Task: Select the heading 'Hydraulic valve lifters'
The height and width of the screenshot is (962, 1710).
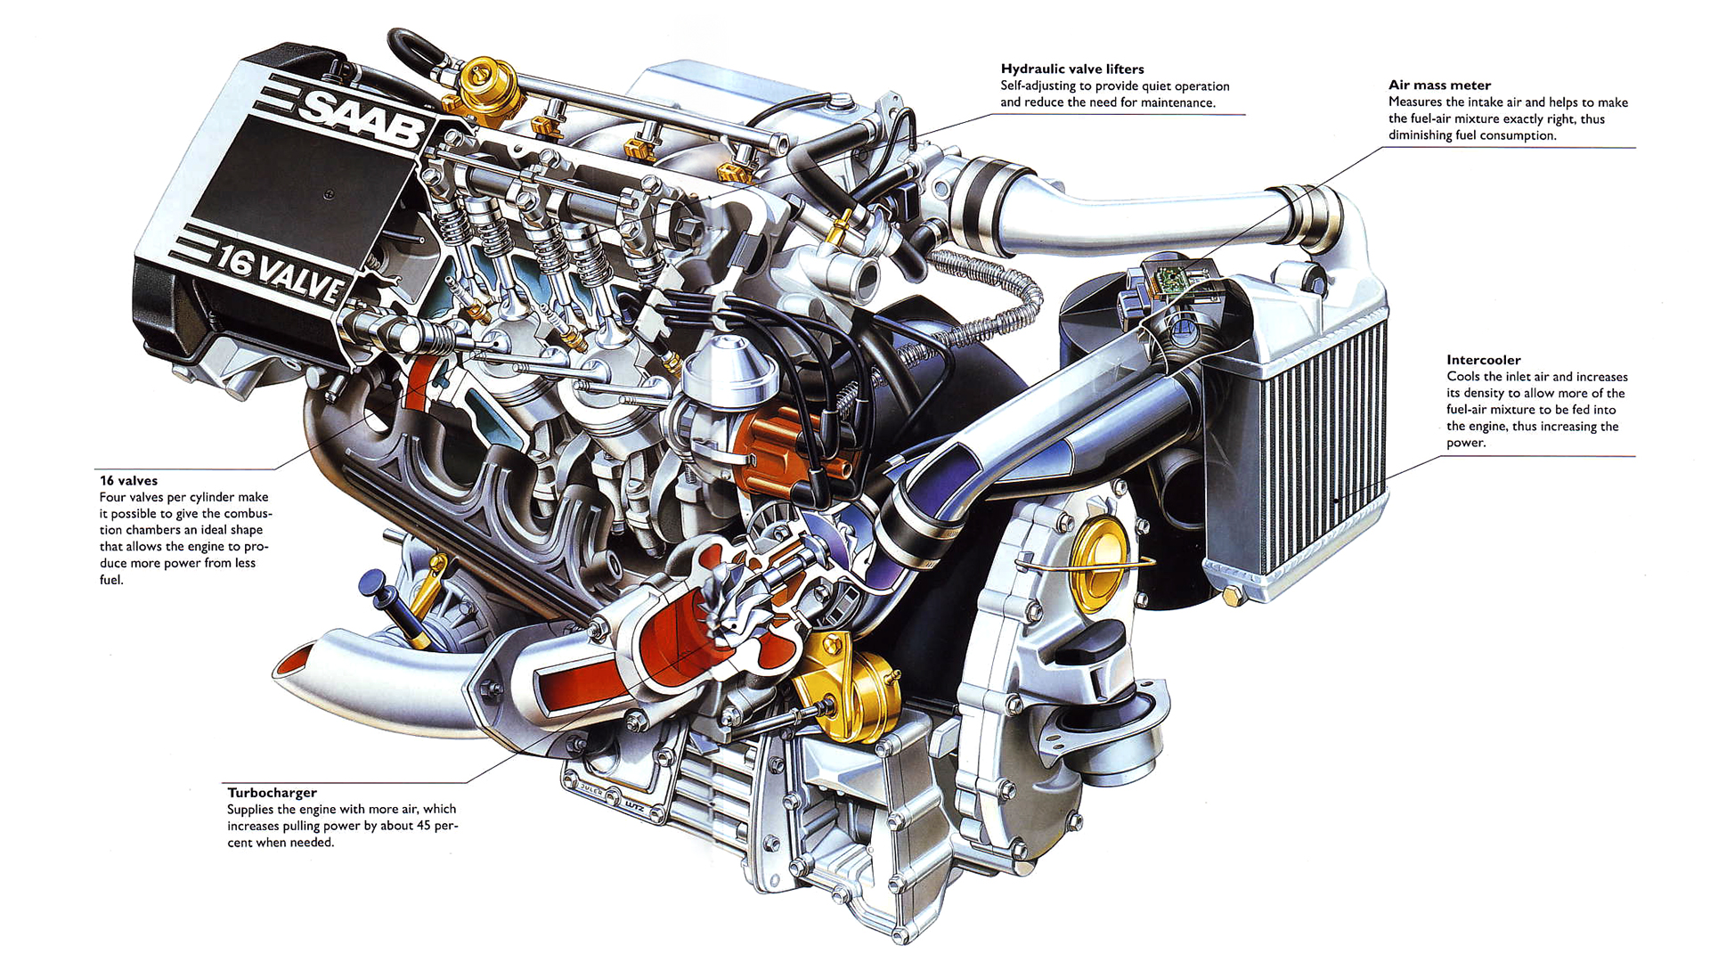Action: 1072,69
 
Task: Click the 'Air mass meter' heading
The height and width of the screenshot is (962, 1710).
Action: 1439,86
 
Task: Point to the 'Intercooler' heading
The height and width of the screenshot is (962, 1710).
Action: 1483,360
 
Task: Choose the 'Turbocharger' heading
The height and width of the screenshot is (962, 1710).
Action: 272,793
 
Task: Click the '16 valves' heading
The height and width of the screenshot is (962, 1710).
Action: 128,481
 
